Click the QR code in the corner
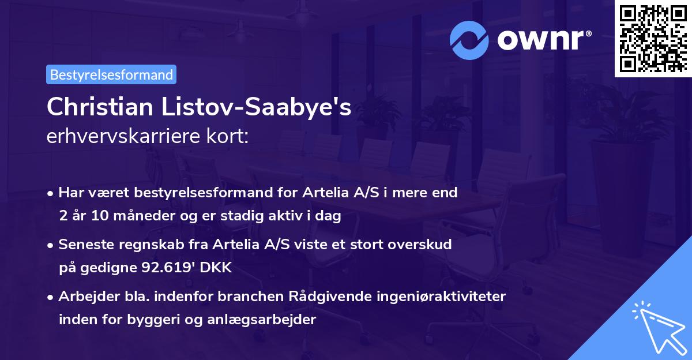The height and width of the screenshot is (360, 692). pyautogui.click(x=653, y=39)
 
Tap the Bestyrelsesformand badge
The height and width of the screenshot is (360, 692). pyautogui.click(x=111, y=74)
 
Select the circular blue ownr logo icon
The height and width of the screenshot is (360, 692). pyautogui.click(x=469, y=40)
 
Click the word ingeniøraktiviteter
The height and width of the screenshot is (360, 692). pyautogui.click(x=441, y=297)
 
